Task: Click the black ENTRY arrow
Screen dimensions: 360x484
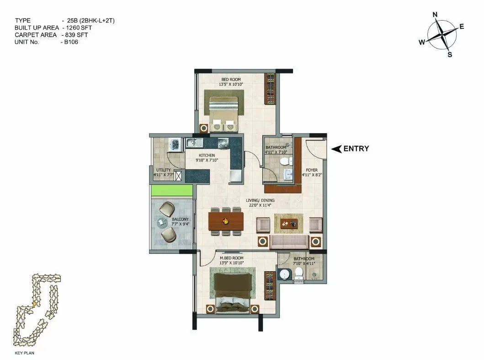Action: coord(336,149)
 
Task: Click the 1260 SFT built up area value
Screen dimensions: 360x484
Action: coord(80,27)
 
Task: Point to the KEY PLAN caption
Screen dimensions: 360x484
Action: coord(26,353)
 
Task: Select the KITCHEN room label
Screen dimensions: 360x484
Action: coord(207,156)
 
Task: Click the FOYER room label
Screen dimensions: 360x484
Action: coord(312,170)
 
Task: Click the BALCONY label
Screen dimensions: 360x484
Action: coord(178,220)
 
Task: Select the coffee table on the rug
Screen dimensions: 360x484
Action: coord(288,223)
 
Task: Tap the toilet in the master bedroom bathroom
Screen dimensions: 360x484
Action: coord(299,273)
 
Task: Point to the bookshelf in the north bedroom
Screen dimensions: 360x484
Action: coord(271,89)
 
